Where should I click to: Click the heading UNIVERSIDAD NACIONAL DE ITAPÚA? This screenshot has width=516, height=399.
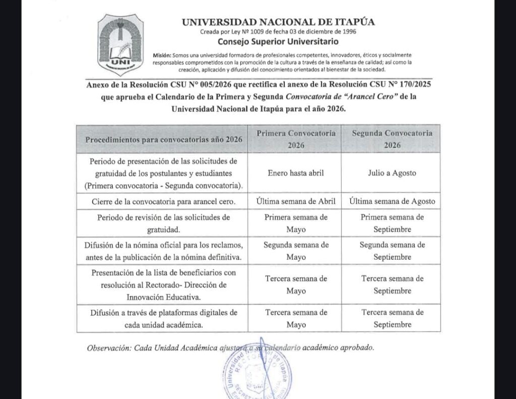pos(278,22)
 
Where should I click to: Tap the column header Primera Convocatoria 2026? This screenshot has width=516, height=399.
pos(295,139)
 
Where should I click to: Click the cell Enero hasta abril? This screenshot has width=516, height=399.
pos(295,173)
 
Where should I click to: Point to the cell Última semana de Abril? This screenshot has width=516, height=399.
pos(295,201)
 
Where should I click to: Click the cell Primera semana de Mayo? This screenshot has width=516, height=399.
pos(296,222)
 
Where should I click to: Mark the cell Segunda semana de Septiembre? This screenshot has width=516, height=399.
pos(392,251)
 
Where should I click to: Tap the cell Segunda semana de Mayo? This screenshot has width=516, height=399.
pos(296,251)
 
